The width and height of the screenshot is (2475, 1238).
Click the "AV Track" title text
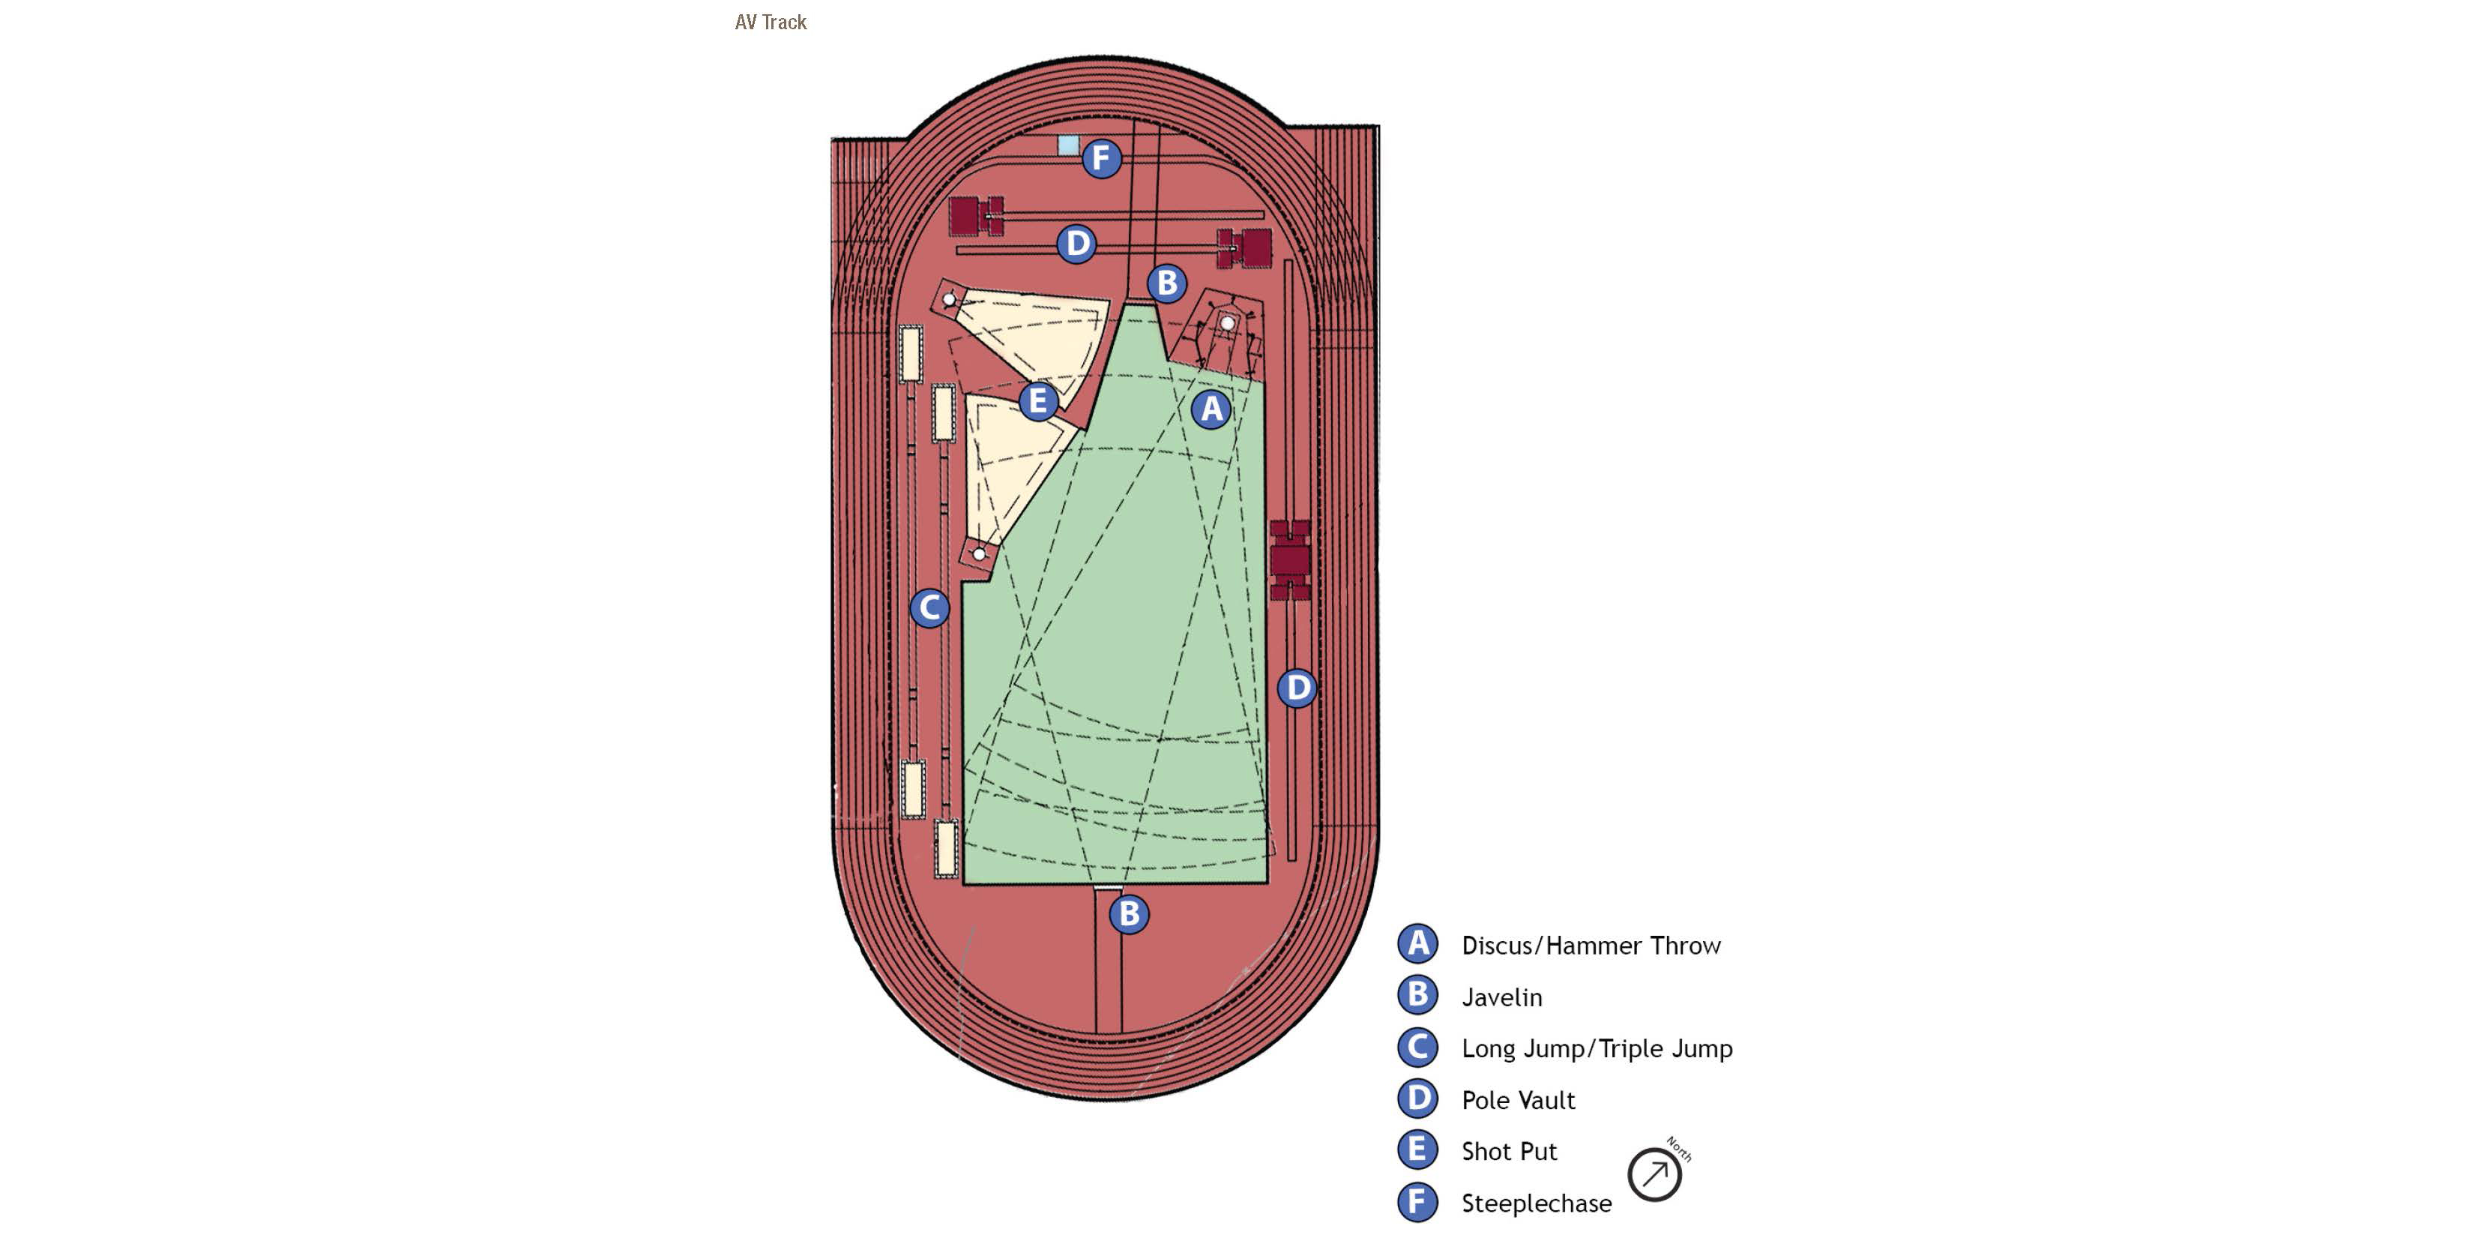770,22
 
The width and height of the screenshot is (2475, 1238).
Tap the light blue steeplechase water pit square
1067,145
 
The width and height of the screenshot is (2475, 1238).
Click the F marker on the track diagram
1101,157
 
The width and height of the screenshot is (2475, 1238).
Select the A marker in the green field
1211,409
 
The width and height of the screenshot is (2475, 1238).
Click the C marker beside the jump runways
929,607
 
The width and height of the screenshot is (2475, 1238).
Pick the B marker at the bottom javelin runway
1129,913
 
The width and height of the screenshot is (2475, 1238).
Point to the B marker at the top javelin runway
1166,283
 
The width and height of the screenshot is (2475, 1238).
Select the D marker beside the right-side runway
1297,688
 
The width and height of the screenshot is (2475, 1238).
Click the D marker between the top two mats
1077,243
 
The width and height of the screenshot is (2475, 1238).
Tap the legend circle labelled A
1417,944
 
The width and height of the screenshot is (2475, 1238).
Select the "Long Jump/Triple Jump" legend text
1596,1048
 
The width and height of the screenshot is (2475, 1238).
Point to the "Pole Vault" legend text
1517,1101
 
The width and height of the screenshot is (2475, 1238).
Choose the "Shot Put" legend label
1508,1152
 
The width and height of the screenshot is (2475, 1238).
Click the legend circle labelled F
1417,1201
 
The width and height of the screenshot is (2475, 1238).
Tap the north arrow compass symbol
1654,1174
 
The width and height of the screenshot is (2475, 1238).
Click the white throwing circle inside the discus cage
1227,324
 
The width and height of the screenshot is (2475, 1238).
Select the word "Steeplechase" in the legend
1535,1204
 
